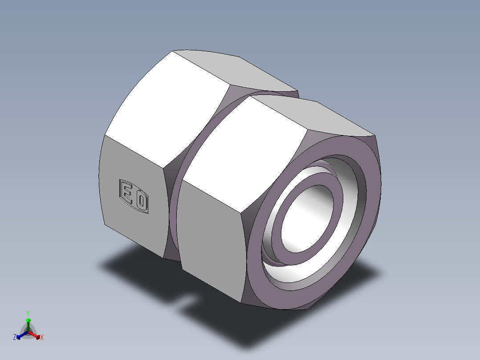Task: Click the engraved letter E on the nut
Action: [x=126, y=194]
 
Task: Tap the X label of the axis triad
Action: [x=42, y=338]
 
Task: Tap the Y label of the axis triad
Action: [x=28, y=313]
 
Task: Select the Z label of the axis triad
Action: [x=15, y=338]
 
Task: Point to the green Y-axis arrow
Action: [x=28, y=322]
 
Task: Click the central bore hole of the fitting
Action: [x=307, y=214]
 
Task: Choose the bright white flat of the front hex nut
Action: [x=245, y=151]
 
